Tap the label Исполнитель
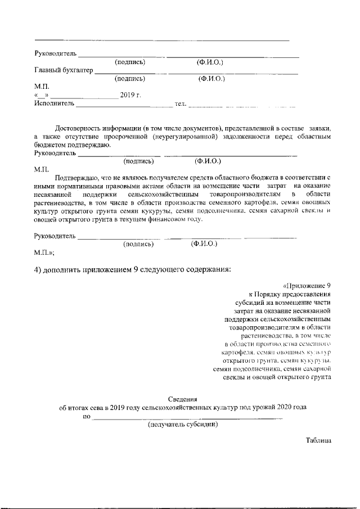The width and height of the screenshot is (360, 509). [54, 103]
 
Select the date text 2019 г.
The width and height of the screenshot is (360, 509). [130, 95]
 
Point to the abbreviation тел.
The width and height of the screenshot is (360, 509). [181, 103]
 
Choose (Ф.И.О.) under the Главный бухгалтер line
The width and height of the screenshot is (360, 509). [211, 79]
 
